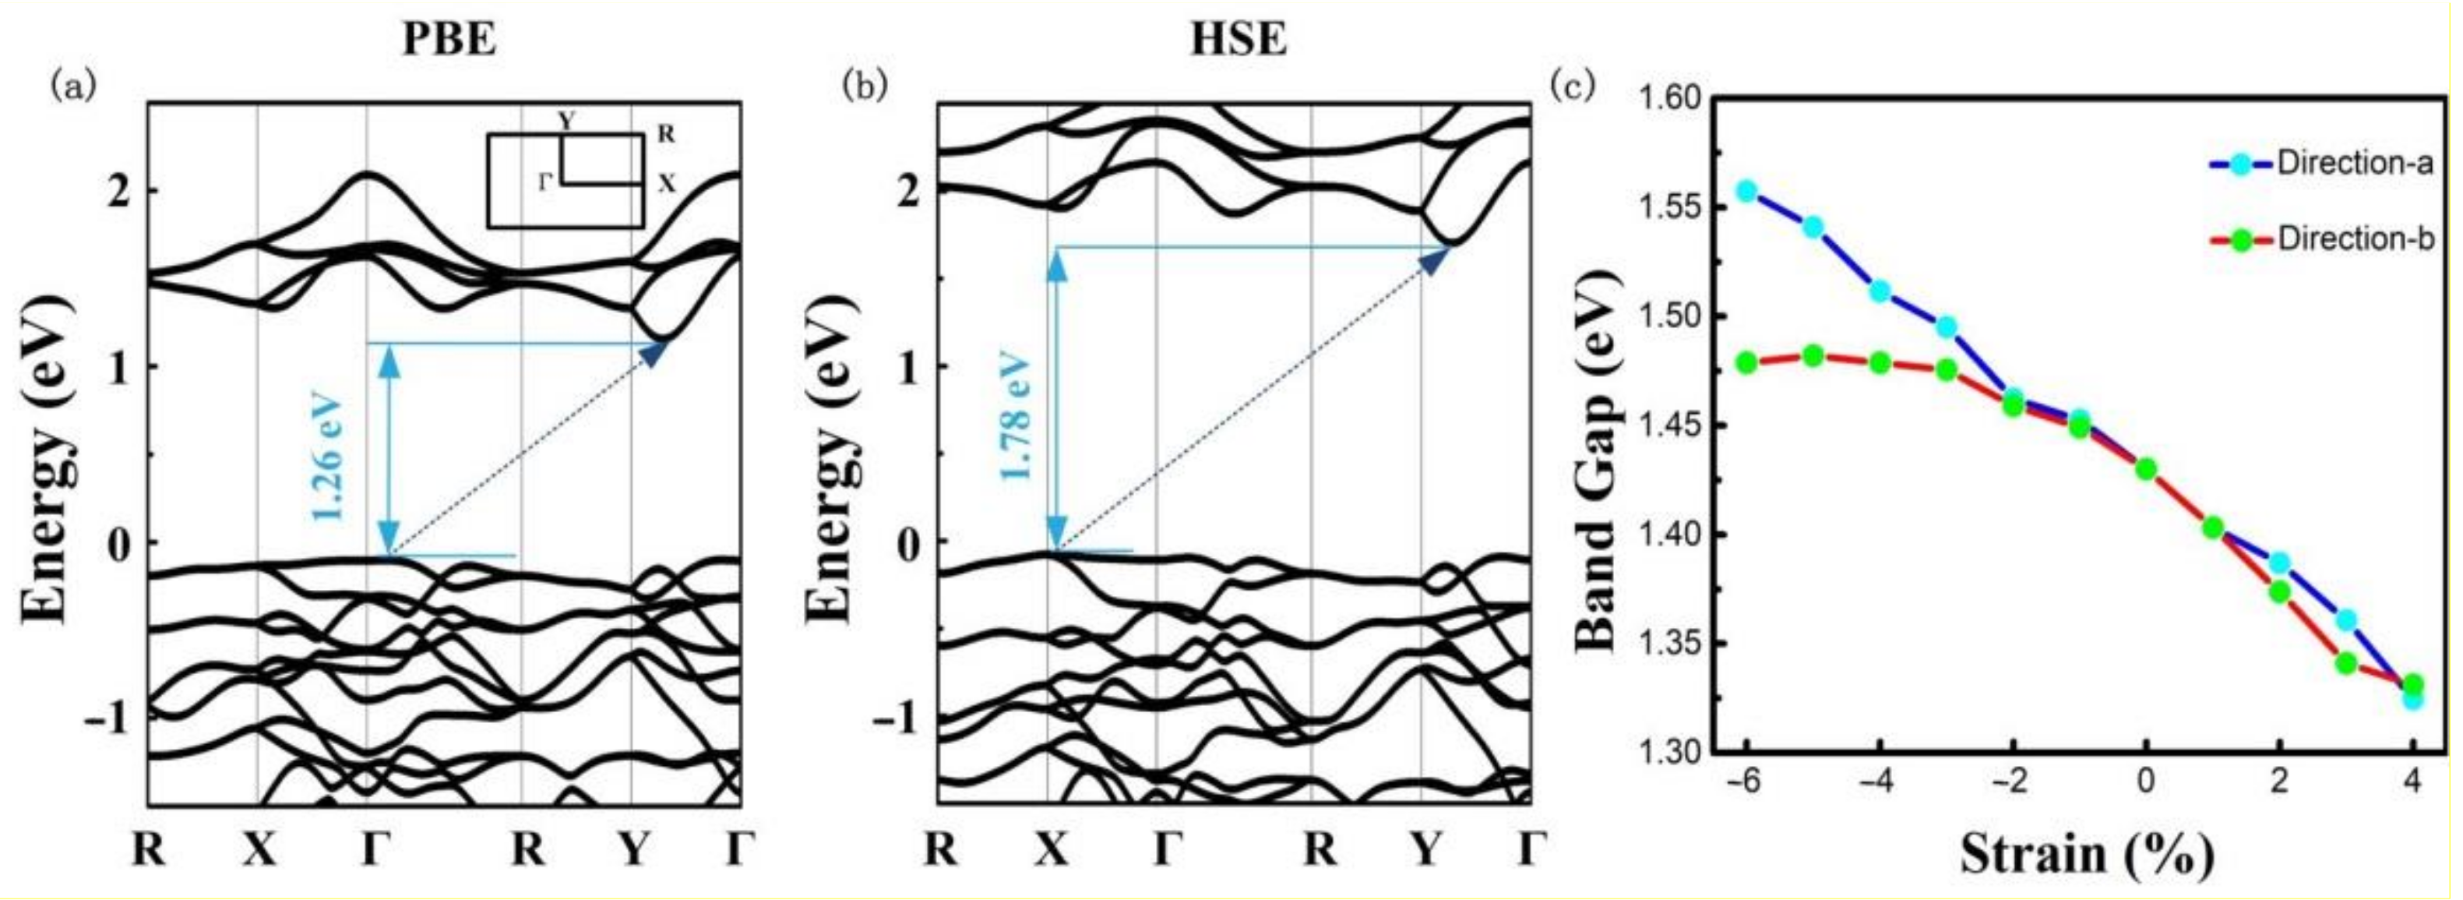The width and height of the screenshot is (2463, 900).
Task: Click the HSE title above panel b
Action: pos(1239,41)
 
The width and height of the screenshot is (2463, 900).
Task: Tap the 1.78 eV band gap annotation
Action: pos(1019,418)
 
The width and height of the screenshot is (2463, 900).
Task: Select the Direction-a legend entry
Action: pos(2353,164)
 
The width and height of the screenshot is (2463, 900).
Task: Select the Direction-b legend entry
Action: pos(2353,239)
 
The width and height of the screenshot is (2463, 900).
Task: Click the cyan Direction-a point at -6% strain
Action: pos(1748,191)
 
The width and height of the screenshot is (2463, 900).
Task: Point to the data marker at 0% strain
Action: pos(2145,468)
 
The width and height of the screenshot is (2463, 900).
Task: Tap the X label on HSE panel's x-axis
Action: pos(1051,849)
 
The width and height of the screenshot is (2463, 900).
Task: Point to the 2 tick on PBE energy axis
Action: pos(118,191)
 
